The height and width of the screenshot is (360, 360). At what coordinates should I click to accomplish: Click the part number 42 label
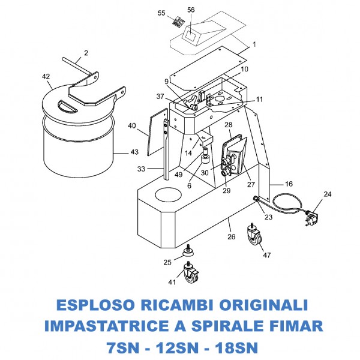46,77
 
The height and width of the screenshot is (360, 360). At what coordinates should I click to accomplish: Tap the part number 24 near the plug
327,194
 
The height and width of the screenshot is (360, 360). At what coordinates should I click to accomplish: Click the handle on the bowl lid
66,106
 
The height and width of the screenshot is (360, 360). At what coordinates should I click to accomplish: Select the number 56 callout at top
191,10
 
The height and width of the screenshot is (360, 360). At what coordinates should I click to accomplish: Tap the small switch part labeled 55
178,23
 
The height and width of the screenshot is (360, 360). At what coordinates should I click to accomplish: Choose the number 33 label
142,169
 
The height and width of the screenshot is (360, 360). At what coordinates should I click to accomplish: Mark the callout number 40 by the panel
132,126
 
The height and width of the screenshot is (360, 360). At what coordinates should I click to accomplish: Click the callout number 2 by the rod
86,53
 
